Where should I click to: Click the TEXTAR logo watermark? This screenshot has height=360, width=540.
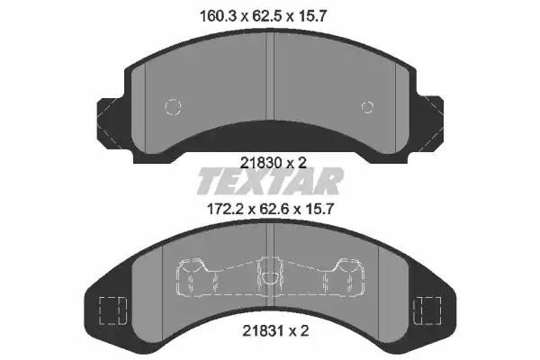pos(270,181)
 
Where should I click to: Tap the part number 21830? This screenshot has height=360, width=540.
pos(261,163)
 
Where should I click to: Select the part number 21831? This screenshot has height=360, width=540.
pos(264,331)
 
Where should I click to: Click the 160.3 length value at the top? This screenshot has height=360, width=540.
pos(219,16)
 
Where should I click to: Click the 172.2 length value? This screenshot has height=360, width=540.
pos(226,209)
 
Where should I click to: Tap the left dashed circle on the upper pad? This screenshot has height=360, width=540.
pos(173,106)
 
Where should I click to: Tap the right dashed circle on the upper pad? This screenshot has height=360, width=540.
pos(367,107)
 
